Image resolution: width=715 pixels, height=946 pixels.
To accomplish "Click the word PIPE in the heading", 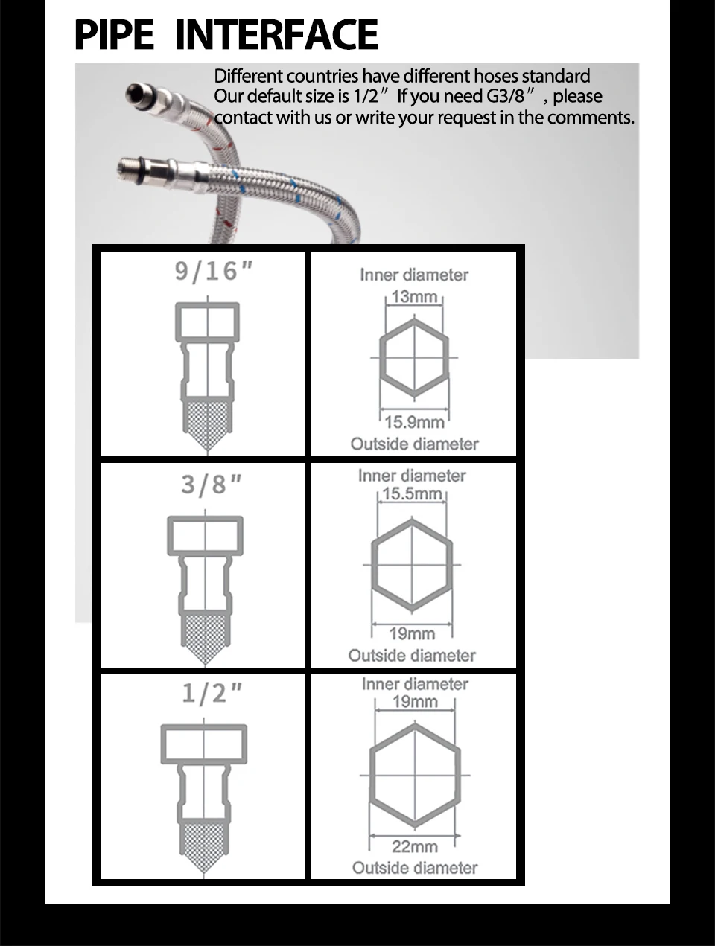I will [114, 35].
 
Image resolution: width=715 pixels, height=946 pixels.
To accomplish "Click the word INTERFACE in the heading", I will [276, 35].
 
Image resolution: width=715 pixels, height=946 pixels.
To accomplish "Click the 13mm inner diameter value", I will [414, 296].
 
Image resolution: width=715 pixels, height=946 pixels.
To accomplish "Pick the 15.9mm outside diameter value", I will [414, 422].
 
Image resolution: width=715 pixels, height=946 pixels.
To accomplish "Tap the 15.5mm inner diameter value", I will [413, 493].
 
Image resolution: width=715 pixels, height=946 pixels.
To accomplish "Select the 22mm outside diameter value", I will [415, 846].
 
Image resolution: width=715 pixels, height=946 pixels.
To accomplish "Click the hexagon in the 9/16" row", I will [414, 358].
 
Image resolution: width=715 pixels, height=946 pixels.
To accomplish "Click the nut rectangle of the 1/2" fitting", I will [203, 744].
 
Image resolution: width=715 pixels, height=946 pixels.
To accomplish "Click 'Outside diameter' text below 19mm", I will [412, 656].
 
